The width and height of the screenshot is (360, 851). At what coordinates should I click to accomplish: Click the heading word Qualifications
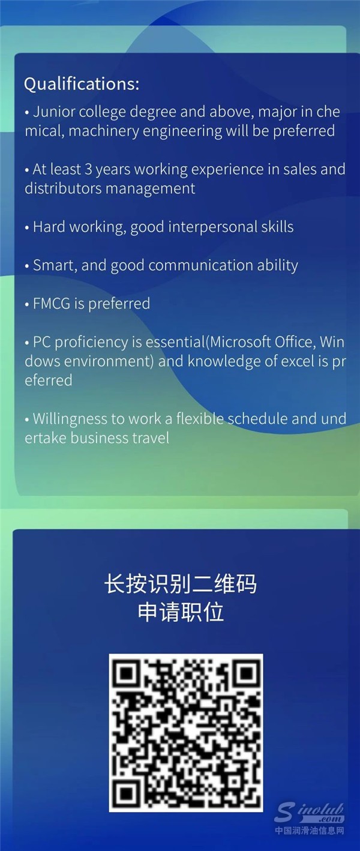(x=82, y=84)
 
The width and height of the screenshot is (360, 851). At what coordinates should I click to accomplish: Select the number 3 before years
(x=88, y=169)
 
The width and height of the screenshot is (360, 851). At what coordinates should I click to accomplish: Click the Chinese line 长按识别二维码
(x=181, y=583)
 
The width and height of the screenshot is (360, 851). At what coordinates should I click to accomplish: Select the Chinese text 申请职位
(x=181, y=612)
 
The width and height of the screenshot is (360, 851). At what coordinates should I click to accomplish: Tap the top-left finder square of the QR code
(x=128, y=673)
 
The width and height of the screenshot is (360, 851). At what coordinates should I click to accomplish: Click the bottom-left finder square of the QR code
(x=128, y=793)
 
